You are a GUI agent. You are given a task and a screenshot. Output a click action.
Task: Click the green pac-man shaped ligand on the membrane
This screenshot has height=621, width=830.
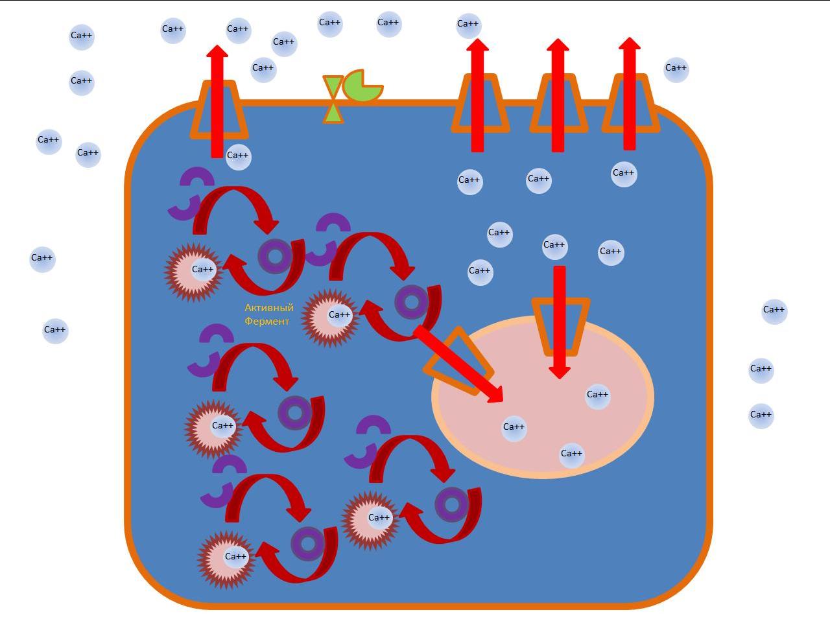point(361,87)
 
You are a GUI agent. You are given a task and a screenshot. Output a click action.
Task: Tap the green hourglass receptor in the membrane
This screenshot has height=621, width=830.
point(333,99)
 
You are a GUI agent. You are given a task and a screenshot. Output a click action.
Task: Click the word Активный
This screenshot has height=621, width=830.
point(269,308)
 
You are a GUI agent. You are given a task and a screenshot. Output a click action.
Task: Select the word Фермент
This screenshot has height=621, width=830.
point(267,322)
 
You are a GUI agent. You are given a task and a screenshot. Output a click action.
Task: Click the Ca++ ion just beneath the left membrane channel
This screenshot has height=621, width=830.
point(238,156)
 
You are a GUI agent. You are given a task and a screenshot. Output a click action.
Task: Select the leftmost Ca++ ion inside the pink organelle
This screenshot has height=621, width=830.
point(514,428)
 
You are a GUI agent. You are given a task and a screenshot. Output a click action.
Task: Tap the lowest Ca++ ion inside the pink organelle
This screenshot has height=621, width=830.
point(571,454)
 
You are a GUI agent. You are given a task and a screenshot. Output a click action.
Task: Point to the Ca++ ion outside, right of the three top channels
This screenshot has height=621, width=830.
point(676,69)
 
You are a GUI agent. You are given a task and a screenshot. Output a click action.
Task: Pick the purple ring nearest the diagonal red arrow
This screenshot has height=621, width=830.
point(411,302)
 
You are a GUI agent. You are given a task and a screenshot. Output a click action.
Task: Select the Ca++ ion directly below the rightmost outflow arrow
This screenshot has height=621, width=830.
point(623,174)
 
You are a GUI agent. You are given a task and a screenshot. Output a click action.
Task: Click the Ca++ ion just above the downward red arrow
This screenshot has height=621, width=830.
point(554,246)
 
